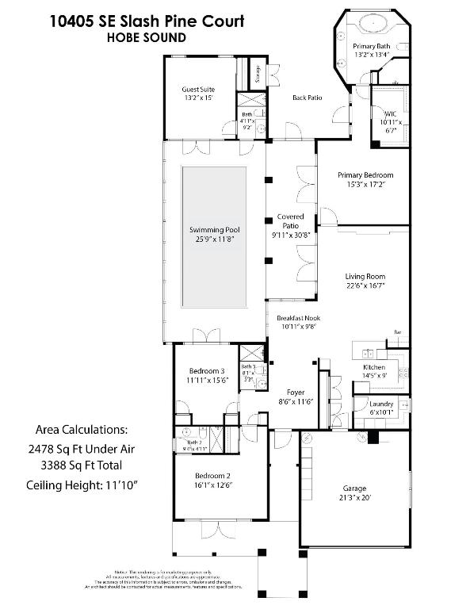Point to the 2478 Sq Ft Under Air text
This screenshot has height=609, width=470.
(x=82, y=448)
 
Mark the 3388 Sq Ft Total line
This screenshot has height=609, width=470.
(x=82, y=465)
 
